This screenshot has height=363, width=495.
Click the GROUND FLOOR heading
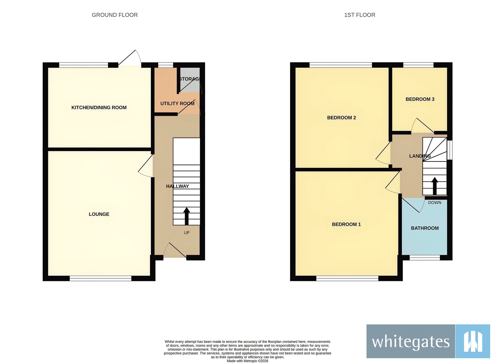point(114,15)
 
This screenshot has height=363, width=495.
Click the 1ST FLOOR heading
point(359,15)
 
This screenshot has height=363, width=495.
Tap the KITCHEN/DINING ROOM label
point(99,108)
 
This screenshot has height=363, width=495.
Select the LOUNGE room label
point(99,214)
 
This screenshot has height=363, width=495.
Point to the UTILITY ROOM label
point(177,103)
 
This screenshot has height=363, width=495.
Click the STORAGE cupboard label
point(190,79)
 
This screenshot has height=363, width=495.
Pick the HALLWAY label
point(177,186)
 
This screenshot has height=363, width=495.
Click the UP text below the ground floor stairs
point(187,233)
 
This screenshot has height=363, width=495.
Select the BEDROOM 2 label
point(342,118)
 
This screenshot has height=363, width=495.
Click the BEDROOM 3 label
point(420,99)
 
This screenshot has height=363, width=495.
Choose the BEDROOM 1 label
point(346,224)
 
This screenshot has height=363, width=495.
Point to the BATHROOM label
point(425,228)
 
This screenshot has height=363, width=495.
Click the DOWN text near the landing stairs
point(435,203)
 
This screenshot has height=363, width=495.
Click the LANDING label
point(420,156)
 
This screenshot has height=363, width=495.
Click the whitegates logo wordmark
point(411,342)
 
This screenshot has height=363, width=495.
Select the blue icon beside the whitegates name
point(473,341)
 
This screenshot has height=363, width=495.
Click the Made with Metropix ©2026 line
point(247,361)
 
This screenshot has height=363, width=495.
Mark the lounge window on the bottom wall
point(101,278)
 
